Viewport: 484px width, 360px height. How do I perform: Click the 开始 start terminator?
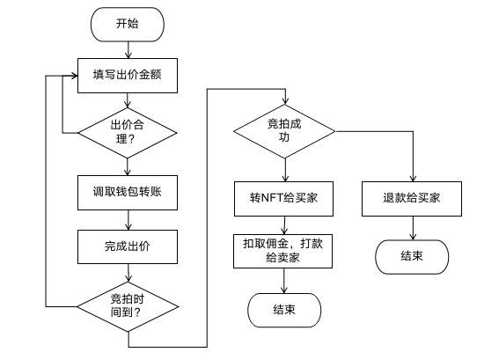(127, 25)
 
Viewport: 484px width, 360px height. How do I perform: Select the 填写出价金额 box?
(127, 75)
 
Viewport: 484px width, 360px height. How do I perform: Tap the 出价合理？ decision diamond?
(127, 133)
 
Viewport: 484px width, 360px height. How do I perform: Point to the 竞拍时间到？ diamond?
(127, 305)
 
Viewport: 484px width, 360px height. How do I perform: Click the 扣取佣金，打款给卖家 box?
(283, 249)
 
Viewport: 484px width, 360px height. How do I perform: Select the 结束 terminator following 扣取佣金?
(283, 310)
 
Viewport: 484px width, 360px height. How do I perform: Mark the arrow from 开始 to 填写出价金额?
(127, 50)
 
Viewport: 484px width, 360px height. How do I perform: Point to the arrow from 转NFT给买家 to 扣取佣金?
(283, 224)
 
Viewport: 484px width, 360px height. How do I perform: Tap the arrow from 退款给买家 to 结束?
(412, 227)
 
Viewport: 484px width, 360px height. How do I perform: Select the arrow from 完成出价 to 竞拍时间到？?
(127, 272)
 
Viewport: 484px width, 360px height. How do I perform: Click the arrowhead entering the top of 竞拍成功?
(283, 102)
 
